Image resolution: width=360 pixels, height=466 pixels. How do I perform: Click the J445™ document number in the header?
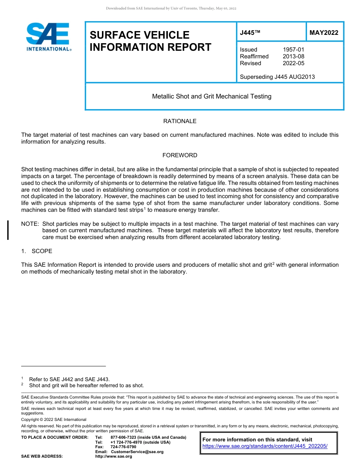pos(250,33)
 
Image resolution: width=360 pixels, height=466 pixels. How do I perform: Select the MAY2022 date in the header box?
pos(324,33)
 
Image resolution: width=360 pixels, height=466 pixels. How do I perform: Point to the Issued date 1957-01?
pos(293,50)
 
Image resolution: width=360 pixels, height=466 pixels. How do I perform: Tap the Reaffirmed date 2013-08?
pos(293,56)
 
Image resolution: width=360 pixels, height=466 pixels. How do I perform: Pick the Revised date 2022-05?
pos(293,63)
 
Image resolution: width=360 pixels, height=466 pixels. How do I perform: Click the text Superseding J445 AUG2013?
pos(277,77)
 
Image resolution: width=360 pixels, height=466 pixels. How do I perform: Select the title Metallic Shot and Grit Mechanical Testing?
pos(211,96)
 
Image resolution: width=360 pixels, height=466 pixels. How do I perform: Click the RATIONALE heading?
pos(180,121)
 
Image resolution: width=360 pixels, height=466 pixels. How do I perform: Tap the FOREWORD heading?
pos(180,155)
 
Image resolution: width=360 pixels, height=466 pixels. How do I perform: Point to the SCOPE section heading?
pos(42,251)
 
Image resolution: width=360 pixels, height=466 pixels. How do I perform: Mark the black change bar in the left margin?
pos(8,230)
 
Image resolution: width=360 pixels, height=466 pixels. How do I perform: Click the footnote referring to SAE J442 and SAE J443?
pos(69,379)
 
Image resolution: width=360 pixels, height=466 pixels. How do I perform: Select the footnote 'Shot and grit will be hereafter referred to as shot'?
pos(86,386)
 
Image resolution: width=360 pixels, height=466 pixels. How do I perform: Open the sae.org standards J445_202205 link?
pos(265,446)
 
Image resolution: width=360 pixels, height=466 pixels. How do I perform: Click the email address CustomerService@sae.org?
pos(137,452)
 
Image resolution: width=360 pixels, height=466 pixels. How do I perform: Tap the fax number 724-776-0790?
pos(123,447)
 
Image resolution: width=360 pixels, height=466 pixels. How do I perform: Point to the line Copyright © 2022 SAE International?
pos(54,419)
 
